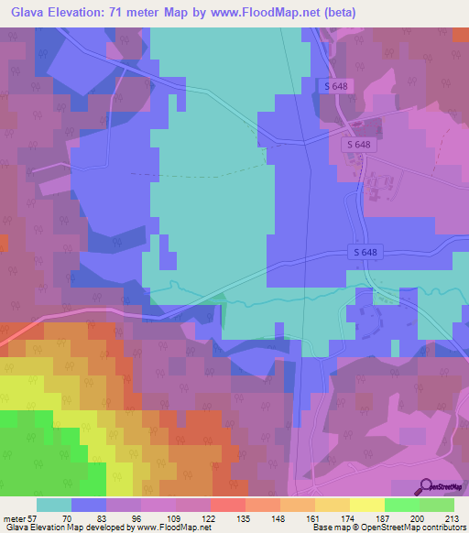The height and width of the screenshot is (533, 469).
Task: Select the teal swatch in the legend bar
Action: (54, 505)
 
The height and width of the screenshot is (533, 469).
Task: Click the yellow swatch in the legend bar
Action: (367, 505)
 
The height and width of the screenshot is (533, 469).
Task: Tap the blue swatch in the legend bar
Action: (89, 505)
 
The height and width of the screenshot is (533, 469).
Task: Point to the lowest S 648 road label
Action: (364, 253)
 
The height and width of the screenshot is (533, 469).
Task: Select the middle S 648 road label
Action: (358, 145)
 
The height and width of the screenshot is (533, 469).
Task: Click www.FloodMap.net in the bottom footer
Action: (172, 528)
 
